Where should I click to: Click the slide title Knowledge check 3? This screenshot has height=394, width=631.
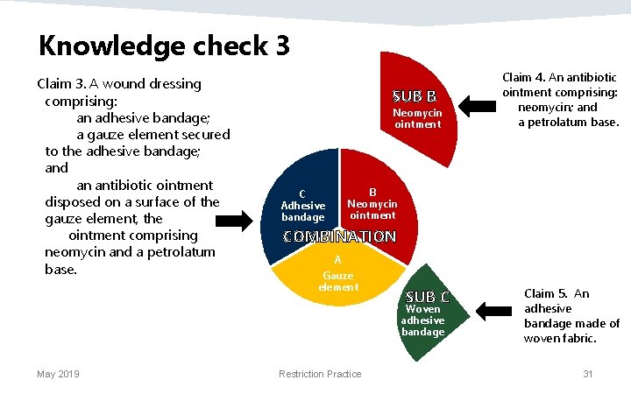(164, 45)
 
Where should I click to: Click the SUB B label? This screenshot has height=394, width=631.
(420, 95)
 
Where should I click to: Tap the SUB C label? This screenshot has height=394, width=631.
(428, 295)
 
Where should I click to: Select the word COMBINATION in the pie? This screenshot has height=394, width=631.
(339, 236)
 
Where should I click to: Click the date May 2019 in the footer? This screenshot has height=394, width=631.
(58, 374)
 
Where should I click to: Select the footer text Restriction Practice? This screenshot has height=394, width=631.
(319, 374)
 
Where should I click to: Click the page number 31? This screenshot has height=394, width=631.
(587, 374)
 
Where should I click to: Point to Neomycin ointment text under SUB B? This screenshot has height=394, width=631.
(417, 118)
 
